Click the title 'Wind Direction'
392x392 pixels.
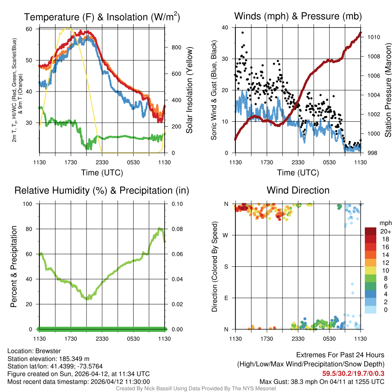point(298,190)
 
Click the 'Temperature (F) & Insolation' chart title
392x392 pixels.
point(102,17)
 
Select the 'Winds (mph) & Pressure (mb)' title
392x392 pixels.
point(298,16)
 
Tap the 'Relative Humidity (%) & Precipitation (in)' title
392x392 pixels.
point(102,190)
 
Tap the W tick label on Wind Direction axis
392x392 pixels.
point(226,235)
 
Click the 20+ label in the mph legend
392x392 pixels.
point(385,231)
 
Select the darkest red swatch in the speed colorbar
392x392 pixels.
point(370,231)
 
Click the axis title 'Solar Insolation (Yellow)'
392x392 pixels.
point(189,90)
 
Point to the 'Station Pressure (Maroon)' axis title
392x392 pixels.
point(388,90)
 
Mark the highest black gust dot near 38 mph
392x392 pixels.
point(242,33)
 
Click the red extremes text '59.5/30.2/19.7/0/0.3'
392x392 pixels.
point(353,373)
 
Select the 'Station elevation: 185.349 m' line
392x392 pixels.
point(48,359)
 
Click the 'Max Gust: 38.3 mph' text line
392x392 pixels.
point(322,381)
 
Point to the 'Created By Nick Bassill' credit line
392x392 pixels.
point(196,389)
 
